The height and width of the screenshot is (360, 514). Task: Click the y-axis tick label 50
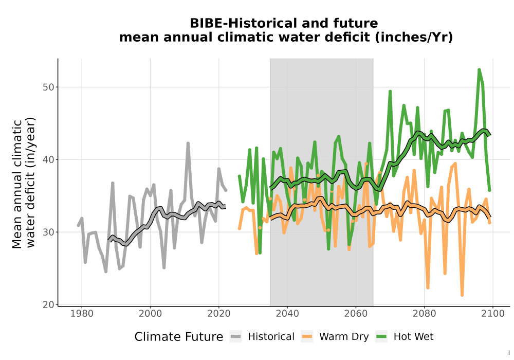(48, 87)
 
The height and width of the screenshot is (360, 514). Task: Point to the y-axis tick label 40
(48, 159)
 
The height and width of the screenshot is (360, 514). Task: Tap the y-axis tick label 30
(48, 232)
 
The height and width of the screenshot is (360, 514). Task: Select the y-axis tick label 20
(48, 304)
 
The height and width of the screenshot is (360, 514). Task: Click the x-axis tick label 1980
(82, 314)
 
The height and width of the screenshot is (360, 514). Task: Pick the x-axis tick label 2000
(150, 314)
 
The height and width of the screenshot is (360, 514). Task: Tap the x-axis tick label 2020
(218, 314)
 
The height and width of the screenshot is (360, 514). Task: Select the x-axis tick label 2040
(287, 314)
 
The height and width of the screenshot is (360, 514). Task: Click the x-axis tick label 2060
(356, 314)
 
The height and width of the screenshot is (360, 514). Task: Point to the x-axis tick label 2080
(424, 314)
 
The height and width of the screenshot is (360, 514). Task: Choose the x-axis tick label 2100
(493, 314)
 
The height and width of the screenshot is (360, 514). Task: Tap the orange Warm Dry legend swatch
(307, 337)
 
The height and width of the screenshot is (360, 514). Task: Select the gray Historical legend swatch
(236, 337)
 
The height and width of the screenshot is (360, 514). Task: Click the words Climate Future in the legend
(179, 337)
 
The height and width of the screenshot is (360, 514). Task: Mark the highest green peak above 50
(479, 69)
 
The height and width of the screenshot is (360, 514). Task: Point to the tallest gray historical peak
(188, 143)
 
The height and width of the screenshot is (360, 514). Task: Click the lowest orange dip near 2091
(462, 295)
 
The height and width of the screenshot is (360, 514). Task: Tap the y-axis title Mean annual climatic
(17, 184)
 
